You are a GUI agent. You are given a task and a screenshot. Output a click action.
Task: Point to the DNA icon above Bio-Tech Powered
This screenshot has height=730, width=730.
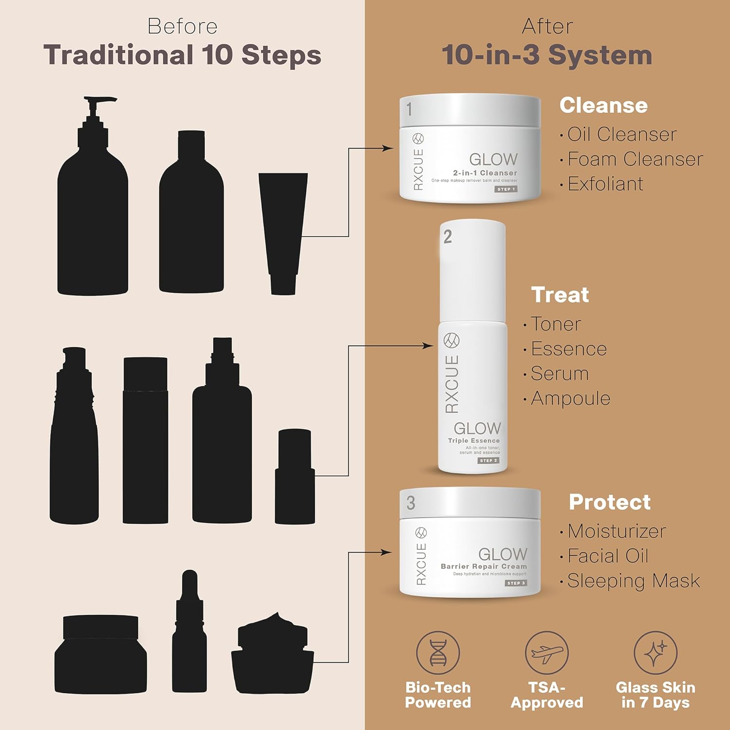(x=438, y=653)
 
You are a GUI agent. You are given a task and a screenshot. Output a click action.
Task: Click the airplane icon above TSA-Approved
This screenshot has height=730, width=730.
(x=547, y=653)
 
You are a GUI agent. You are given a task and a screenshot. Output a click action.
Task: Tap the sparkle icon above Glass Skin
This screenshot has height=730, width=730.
(x=655, y=653)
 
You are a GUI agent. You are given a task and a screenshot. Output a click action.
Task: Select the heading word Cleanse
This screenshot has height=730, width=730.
(x=603, y=106)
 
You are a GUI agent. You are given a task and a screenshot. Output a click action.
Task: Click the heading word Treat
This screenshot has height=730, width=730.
(x=560, y=295)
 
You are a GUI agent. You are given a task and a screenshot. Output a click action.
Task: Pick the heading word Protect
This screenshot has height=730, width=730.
(x=610, y=502)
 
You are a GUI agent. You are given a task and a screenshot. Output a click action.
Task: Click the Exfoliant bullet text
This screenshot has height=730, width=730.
(x=605, y=184)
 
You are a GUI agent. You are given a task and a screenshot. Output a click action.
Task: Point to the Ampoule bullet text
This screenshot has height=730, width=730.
(x=570, y=399)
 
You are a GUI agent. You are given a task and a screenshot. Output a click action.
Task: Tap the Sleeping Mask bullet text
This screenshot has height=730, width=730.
(x=634, y=581)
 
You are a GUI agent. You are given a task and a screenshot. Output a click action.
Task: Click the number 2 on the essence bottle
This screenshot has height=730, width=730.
(x=448, y=237)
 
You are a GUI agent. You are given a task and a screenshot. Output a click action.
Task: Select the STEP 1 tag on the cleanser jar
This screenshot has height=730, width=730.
(x=506, y=189)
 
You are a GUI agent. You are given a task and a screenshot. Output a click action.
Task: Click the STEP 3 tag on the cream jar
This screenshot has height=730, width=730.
(x=516, y=583)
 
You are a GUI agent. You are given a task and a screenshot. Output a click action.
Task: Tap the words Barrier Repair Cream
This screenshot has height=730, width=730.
(x=484, y=566)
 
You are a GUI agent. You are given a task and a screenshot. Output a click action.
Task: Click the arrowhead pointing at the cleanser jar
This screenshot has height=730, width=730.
(x=388, y=148)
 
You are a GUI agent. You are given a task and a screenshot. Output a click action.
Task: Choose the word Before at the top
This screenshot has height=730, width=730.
(x=182, y=26)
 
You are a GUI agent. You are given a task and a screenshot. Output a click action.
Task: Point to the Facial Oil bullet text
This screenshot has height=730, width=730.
(x=608, y=556)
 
